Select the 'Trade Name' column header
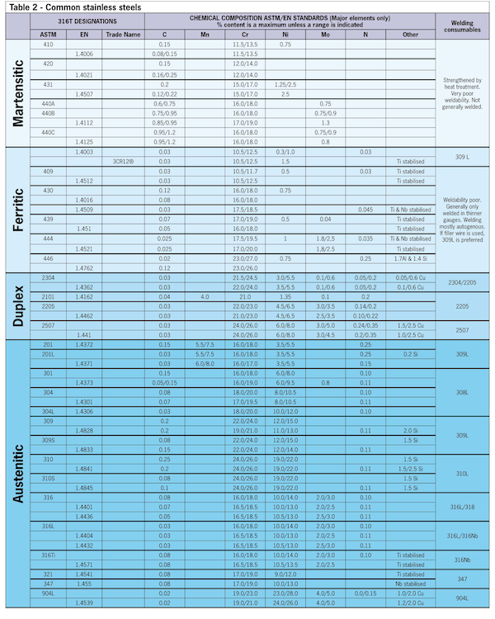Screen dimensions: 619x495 tap(122, 35)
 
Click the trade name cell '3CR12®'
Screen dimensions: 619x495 tap(122, 162)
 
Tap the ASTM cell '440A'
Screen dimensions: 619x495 tap(49, 104)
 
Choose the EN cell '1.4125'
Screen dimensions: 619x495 tap(84, 141)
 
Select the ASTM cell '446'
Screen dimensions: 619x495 tap(49, 258)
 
